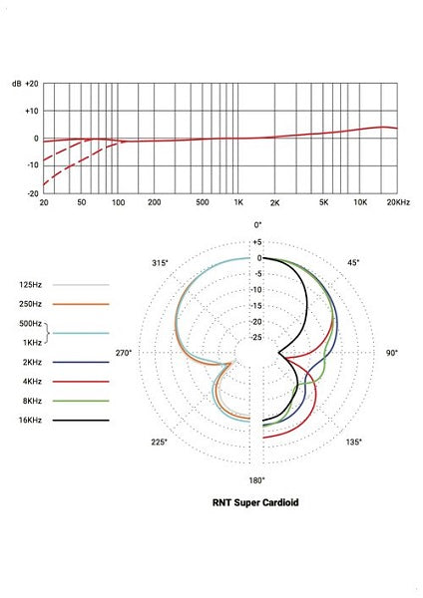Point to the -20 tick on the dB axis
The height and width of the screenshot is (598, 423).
click(32, 193)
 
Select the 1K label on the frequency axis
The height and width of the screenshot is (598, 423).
click(238, 202)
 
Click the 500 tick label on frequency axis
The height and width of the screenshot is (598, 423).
click(203, 202)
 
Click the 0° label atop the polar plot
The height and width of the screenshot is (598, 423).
click(257, 225)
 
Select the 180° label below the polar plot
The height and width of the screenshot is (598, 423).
click(257, 479)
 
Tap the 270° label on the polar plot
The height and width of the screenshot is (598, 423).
click(125, 353)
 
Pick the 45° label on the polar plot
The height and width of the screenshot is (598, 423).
click(353, 263)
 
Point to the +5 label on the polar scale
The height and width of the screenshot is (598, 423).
click(256, 242)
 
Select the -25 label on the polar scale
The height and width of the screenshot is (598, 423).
click(256, 338)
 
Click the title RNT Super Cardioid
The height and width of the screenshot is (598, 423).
click(256, 503)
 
